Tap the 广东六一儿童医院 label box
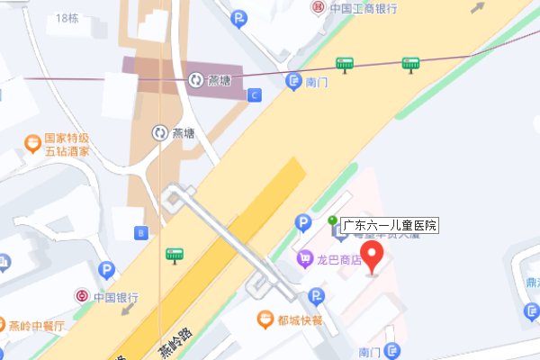tap(389, 225)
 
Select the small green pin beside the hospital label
tap(332, 220)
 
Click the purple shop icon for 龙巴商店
tap(305, 260)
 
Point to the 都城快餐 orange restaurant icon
tap(265, 318)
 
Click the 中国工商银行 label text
tap(363, 8)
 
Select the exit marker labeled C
tap(255, 94)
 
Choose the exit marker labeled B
tap(140, 233)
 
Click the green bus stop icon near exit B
tap(175, 256)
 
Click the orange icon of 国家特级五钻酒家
tap(32, 141)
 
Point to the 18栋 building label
tap(67, 18)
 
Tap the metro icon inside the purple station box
tap(196, 80)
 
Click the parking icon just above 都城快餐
tap(315, 295)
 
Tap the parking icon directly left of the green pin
tap(304, 221)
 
